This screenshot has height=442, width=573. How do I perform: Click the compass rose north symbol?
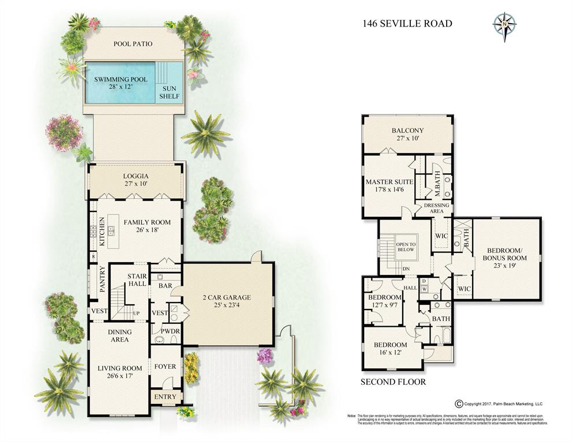(x=504, y=24)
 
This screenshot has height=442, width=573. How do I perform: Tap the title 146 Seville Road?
(x=407, y=24)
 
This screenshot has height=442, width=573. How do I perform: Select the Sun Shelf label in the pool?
(x=170, y=92)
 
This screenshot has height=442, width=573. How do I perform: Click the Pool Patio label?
(x=133, y=44)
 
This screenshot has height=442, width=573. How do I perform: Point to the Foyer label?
(x=165, y=367)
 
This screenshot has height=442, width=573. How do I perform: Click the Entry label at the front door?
(x=165, y=397)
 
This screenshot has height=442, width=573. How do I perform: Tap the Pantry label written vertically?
(x=102, y=279)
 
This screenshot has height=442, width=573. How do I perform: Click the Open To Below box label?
(x=406, y=247)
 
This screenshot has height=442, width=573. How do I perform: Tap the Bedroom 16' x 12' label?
(x=391, y=348)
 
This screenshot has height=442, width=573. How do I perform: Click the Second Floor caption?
(x=393, y=381)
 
